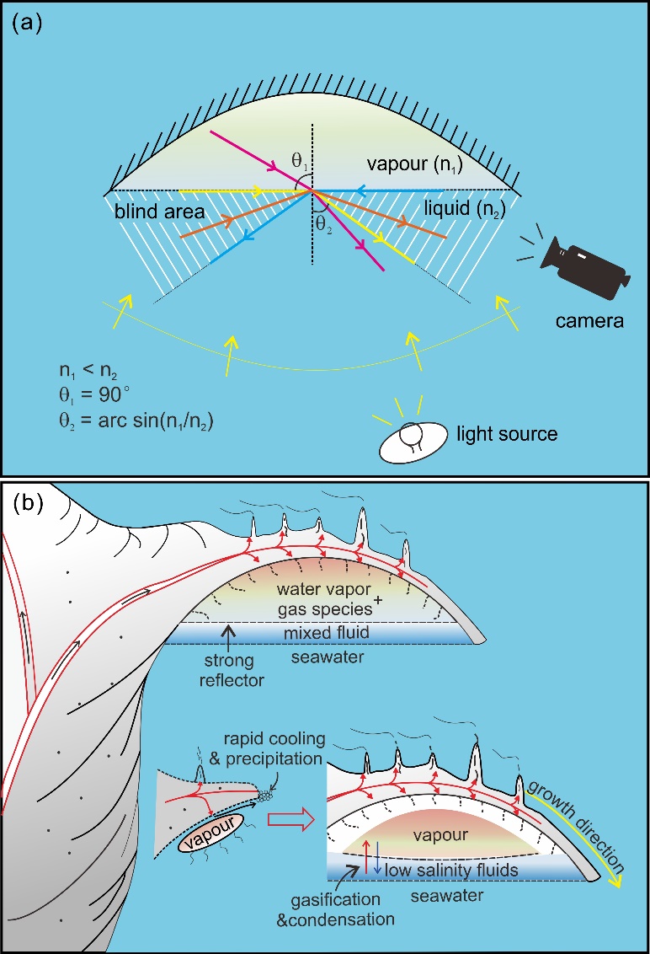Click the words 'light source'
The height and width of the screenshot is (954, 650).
coord(508,434)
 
